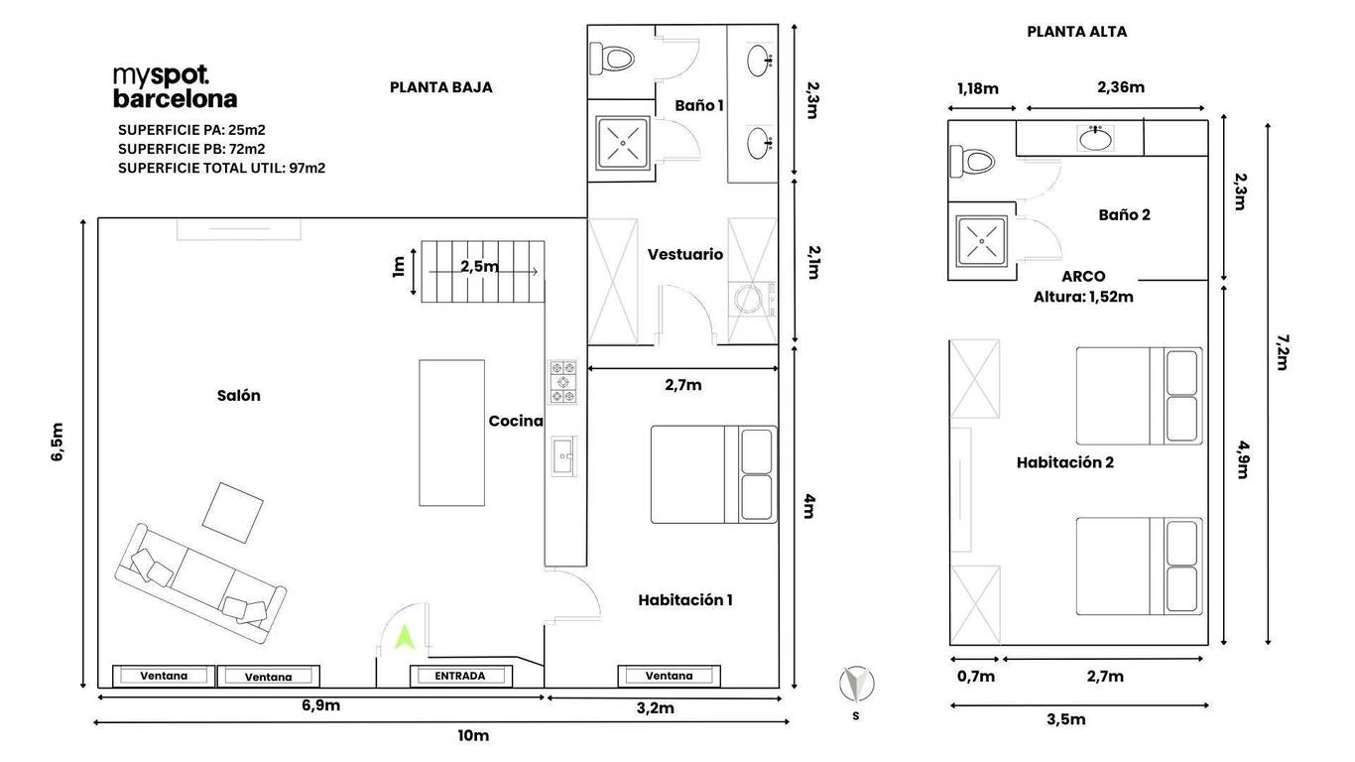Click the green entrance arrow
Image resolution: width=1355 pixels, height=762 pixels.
click(x=404, y=639)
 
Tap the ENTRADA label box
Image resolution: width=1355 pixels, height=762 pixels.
click(x=461, y=676)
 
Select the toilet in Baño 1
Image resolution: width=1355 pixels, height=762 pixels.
click(x=612, y=59)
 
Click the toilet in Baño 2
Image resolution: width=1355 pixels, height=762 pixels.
click(x=972, y=162)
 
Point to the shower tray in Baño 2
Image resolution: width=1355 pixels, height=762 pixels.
click(x=982, y=241)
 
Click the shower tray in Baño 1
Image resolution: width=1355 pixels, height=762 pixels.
click(x=623, y=144)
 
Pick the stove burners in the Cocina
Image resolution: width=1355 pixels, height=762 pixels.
click(x=562, y=382)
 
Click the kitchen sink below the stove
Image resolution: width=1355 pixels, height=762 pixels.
click(x=563, y=455)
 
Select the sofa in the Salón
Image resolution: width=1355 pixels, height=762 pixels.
click(x=200, y=583)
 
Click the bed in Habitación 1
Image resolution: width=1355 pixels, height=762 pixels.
click(x=714, y=474)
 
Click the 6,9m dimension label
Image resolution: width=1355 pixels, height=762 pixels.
click(x=320, y=705)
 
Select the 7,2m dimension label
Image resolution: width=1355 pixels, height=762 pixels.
click(x=1283, y=352)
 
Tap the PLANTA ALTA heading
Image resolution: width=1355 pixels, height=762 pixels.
click(x=1076, y=32)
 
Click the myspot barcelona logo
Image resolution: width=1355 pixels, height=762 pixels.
click(x=175, y=87)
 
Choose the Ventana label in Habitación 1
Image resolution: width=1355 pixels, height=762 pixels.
click(x=669, y=676)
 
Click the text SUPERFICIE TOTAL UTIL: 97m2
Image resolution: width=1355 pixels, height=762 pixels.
click(x=221, y=169)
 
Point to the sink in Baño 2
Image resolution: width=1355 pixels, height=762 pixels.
click(x=1095, y=139)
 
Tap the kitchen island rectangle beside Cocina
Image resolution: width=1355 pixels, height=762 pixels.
click(x=452, y=433)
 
